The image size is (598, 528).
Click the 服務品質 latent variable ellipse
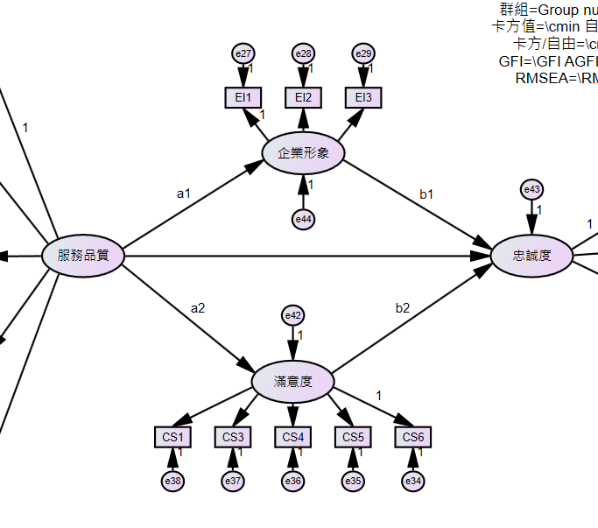[x=83, y=256]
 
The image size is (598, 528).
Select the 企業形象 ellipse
[x=303, y=152]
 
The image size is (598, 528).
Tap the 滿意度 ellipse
[x=292, y=382]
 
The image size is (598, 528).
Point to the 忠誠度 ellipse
[x=531, y=256]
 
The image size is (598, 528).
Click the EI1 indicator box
[x=243, y=96]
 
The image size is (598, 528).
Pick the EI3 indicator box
[x=362, y=96]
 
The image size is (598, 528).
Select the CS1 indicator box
[x=172, y=437]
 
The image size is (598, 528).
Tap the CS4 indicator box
[x=292, y=437]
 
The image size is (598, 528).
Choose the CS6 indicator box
[x=412, y=437]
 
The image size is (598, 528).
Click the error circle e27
[x=243, y=54]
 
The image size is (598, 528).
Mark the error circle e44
[x=303, y=218]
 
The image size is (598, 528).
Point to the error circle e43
[x=531, y=189]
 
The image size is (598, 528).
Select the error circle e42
[x=292, y=315]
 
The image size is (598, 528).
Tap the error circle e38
[x=172, y=481]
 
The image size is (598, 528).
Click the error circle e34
[x=412, y=481]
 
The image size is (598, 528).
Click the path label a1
[x=183, y=193]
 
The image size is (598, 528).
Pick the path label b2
[x=402, y=307]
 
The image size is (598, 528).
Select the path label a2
[x=198, y=307]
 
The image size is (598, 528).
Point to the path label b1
[x=426, y=194]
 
